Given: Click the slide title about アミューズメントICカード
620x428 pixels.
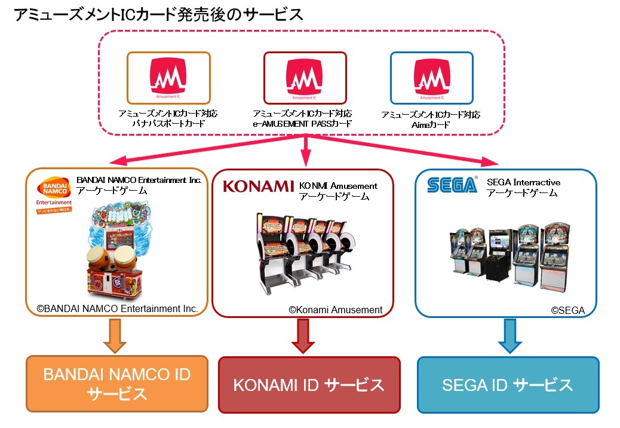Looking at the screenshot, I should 159,16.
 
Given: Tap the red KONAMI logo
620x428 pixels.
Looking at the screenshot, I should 258,186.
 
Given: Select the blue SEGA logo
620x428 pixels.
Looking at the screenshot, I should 452,185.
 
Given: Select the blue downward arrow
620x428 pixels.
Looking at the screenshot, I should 509,337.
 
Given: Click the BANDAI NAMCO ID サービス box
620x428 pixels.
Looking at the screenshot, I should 116,384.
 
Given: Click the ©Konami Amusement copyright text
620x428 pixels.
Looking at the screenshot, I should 335,310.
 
